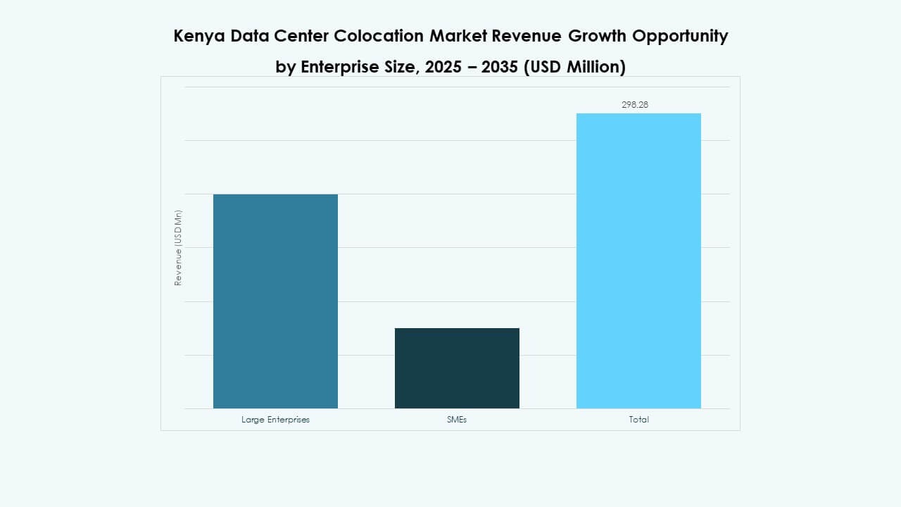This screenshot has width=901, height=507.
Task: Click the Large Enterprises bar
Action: pyautogui.click(x=275, y=301)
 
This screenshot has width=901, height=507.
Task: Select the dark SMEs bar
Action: pyautogui.click(x=457, y=368)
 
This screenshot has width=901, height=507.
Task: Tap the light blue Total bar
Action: pyautogui.click(x=638, y=261)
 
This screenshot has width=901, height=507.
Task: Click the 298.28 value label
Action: pyautogui.click(x=634, y=104)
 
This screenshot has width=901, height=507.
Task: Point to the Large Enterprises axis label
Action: pyautogui.click(x=275, y=420)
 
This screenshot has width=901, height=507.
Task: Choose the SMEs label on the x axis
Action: pyautogui.click(x=457, y=420)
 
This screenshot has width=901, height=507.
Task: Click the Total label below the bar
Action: pyautogui.click(x=638, y=420)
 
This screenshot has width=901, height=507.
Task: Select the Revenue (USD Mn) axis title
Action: pyautogui.click(x=178, y=248)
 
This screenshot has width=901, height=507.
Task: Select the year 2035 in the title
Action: pyautogui.click(x=500, y=67)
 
